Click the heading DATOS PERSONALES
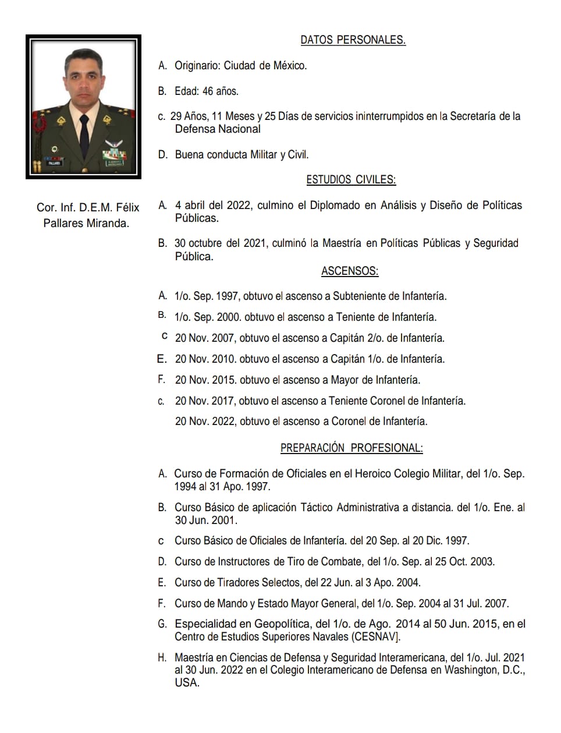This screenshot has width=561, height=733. click(353, 40)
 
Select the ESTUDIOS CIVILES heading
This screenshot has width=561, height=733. click(351, 180)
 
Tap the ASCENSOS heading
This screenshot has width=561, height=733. click(349, 271)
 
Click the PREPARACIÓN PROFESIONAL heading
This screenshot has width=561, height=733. click(351, 448)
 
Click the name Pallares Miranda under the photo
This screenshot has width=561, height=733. click(86, 223)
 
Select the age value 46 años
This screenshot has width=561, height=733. click(221, 91)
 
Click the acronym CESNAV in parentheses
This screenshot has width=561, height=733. click(375, 637)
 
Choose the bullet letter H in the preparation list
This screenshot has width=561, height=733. click(162, 658)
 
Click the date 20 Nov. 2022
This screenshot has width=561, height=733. click(205, 422)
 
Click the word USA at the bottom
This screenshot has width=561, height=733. click(186, 683)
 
